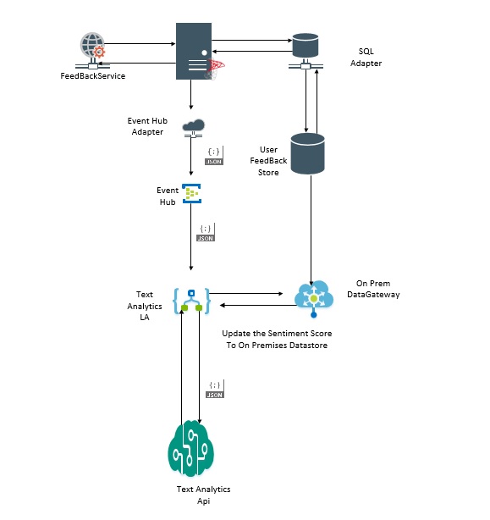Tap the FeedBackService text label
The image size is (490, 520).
[x=93, y=76]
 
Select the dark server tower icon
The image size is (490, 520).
[x=194, y=51]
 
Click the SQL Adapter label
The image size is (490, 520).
[x=366, y=57]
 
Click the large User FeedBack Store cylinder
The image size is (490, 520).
[x=307, y=153]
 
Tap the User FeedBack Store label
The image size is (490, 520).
[x=268, y=161]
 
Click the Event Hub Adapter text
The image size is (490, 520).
[x=147, y=126]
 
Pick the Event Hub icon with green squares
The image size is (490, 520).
[x=191, y=193]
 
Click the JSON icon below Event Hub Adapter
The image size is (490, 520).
[x=214, y=156]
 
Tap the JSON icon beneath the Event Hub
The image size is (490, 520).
[x=206, y=232]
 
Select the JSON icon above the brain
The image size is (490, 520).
[x=215, y=389]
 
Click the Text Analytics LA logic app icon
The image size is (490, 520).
[x=191, y=301]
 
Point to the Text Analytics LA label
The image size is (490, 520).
[x=145, y=306]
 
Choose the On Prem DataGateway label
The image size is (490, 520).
[x=373, y=289]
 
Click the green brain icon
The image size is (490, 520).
[x=190, y=448]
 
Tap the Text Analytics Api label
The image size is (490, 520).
[x=203, y=495]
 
